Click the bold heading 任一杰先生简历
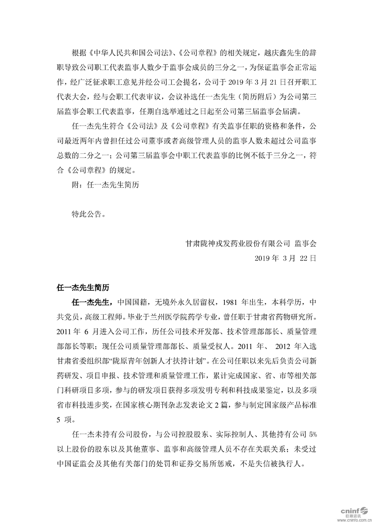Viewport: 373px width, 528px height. tap(83, 287)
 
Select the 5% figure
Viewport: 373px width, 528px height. tap(312, 432)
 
